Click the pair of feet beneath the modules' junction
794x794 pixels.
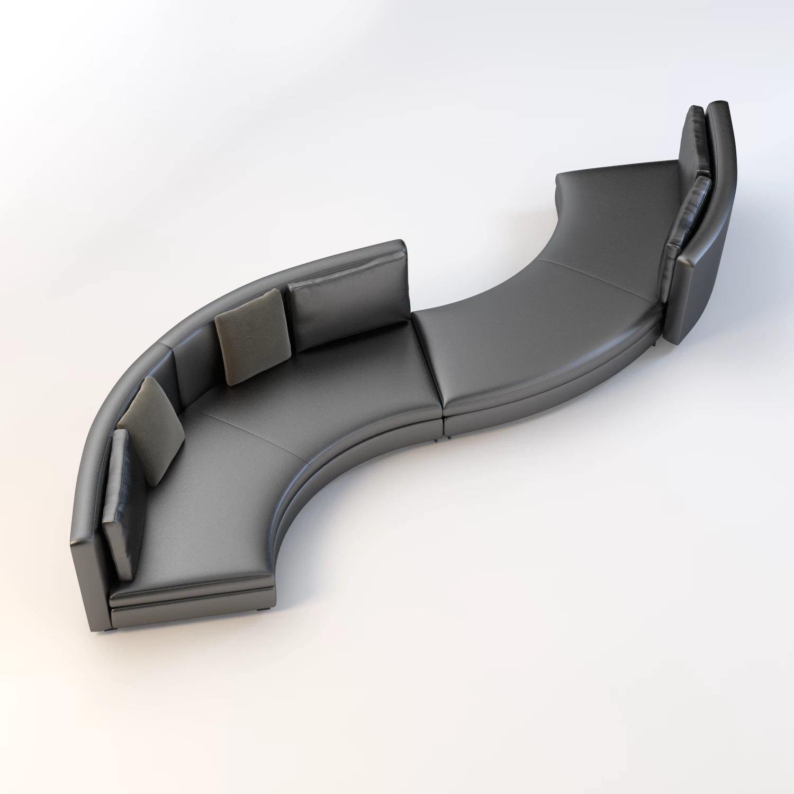point(442,438)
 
